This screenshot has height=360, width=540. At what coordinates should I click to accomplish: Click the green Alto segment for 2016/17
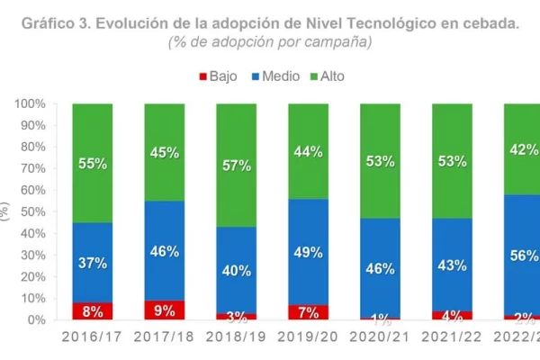pyautogui.click(x=93, y=135)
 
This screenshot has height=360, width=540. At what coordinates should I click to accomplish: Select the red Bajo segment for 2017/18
pyautogui.click(x=165, y=310)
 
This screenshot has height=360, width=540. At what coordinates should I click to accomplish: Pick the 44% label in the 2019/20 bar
pyautogui.click(x=309, y=152)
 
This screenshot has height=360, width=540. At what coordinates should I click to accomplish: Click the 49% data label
pyautogui.click(x=309, y=253)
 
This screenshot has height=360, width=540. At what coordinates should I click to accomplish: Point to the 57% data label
pyautogui.click(x=237, y=166)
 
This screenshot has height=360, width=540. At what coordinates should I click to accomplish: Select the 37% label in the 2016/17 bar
pyautogui.click(x=93, y=263)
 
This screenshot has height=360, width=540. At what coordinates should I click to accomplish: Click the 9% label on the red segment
pyautogui.click(x=165, y=311)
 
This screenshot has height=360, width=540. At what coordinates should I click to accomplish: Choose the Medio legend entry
pyautogui.click(x=275, y=76)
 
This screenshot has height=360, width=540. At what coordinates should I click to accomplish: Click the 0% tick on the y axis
pyautogui.click(x=36, y=319)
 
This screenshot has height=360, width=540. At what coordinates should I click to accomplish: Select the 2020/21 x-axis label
pyautogui.click(x=381, y=337)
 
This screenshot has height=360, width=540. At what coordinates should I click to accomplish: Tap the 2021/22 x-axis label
pyautogui.click(x=453, y=337)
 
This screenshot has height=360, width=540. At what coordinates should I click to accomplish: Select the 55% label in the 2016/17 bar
pyautogui.click(x=93, y=164)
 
